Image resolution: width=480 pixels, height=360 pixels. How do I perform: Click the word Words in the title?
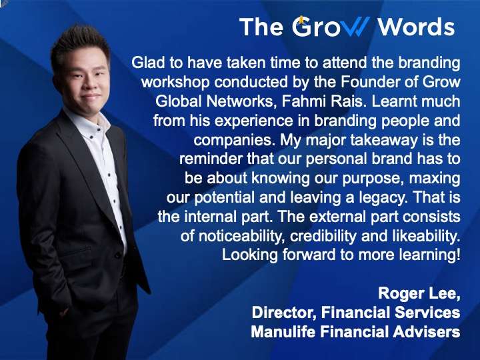(x=416, y=27)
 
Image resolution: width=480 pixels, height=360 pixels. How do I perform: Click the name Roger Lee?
(x=418, y=293)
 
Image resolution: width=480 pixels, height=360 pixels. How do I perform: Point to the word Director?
(x=284, y=313)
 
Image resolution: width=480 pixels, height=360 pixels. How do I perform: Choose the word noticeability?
(x=240, y=236)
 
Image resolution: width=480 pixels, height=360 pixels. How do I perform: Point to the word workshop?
(x=175, y=82)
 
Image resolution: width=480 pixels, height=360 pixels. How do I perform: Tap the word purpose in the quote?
(x=371, y=179)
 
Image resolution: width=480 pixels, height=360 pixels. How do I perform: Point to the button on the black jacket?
(x=117, y=255)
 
